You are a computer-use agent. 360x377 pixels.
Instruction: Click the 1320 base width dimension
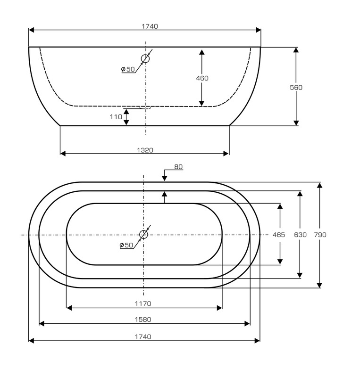[x=145, y=150]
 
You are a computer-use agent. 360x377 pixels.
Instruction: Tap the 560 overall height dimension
[x=296, y=87]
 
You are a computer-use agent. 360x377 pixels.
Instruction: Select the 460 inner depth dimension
[x=202, y=78]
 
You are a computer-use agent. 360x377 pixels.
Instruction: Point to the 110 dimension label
[x=116, y=117]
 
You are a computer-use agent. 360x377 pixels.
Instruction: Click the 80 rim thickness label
[x=178, y=167]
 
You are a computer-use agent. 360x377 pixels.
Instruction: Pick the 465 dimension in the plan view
[x=278, y=235]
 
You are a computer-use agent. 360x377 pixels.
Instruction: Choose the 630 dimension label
[x=300, y=235]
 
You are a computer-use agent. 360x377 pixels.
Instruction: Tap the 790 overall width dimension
[x=320, y=235]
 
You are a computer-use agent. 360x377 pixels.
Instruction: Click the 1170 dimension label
[x=143, y=303]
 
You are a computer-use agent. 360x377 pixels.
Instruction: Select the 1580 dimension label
[x=143, y=320]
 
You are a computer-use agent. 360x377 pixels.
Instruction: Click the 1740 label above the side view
[x=150, y=26]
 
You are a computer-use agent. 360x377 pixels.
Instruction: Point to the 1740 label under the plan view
[x=143, y=337]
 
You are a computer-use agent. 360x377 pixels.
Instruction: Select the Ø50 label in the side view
[x=128, y=69]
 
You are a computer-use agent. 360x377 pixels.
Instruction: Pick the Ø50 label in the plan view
[x=126, y=245]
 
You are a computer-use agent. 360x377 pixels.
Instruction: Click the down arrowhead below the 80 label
[x=165, y=178]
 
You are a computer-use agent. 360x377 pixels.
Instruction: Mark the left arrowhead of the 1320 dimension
[x=63, y=154]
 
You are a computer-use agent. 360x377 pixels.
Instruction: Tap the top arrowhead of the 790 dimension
[x=319, y=185]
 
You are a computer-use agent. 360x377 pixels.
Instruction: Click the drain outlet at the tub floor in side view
[x=145, y=107]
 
